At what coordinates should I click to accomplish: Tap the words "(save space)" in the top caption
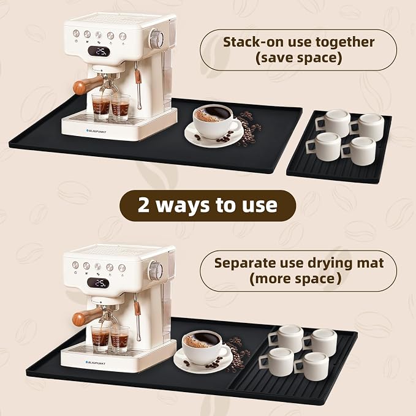[x=298, y=58]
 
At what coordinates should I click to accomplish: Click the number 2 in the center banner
[x=143, y=205]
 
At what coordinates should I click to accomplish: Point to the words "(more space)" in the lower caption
[x=295, y=279]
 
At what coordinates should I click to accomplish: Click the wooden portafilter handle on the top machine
[x=88, y=85]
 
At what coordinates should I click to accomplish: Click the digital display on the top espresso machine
[x=99, y=51]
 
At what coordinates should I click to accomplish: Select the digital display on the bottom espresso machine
[x=98, y=283]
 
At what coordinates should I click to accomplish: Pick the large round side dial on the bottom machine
[x=156, y=271]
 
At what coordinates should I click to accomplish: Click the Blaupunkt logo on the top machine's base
[x=96, y=130]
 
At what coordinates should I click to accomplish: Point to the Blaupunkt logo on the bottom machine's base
[x=95, y=363]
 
